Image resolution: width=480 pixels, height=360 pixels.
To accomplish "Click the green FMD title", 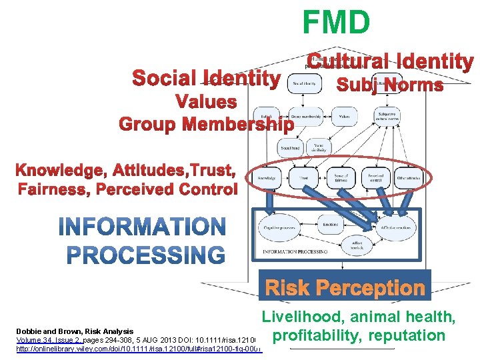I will (x=335, y=22).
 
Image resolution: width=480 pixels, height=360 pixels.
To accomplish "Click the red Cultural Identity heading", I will (x=390, y=62).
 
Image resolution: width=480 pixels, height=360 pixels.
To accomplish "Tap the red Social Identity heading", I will (x=206, y=79).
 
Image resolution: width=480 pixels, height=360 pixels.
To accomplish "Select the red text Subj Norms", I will (x=390, y=85).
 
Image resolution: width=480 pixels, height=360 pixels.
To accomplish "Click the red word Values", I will (x=205, y=102).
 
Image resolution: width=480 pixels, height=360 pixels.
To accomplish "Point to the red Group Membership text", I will (x=206, y=124).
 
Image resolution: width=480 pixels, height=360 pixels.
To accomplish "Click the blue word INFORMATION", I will (x=142, y=227).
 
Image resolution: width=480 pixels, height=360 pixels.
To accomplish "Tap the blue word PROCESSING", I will (x=147, y=255).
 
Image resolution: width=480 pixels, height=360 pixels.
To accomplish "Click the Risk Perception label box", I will (x=345, y=288).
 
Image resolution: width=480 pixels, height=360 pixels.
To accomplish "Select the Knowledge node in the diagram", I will (x=267, y=178).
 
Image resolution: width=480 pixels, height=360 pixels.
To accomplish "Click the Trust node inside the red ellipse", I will (x=303, y=178).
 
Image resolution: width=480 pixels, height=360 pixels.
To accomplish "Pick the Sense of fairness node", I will (x=341, y=177).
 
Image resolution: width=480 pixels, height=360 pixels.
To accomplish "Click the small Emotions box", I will (x=331, y=225).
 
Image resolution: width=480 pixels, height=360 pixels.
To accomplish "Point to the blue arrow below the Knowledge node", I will (x=268, y=201).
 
